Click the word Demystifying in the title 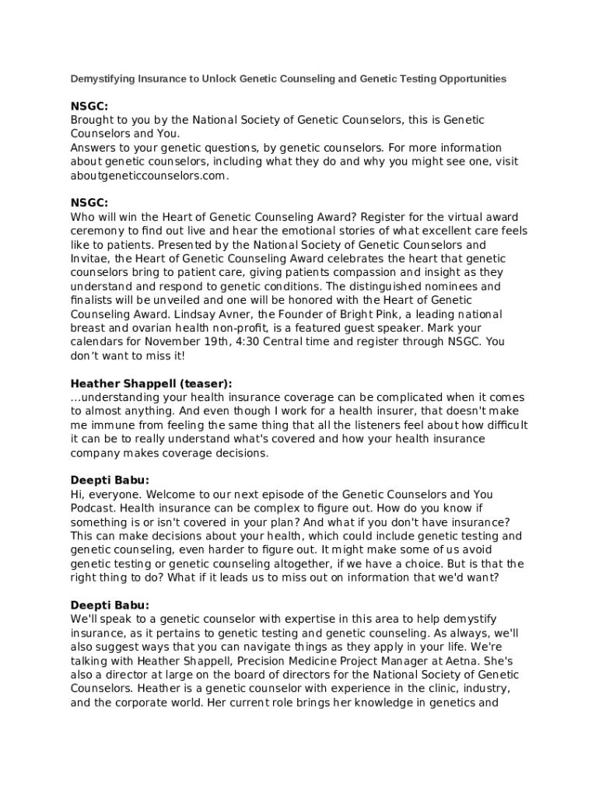pos(98,79)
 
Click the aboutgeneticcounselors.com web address pos(149,176)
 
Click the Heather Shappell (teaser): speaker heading pos(151,383)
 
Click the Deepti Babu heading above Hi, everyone pos(110,480)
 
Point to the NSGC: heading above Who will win pos(89,203)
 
